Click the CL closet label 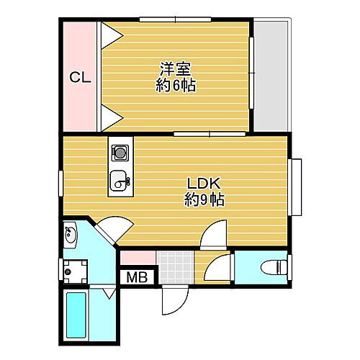click(79, 77)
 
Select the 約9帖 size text click(203, 200)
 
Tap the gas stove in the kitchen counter click(120, 153)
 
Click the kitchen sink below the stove click(119, 181)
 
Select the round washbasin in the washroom click(71, 234)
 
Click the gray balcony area click(271, 76)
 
